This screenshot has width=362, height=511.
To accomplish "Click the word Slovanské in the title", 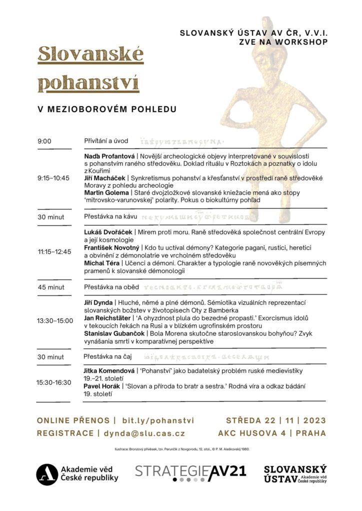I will coord(90,53).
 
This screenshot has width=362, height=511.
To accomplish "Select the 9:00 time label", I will coord(44,141).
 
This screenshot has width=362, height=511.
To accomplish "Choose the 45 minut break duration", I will coord(50,287).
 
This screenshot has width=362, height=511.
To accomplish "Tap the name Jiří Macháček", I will coord(104,178).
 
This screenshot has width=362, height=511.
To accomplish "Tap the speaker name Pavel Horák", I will coord(100,386).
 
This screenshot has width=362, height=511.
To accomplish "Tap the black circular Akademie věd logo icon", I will coord(46,474).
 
